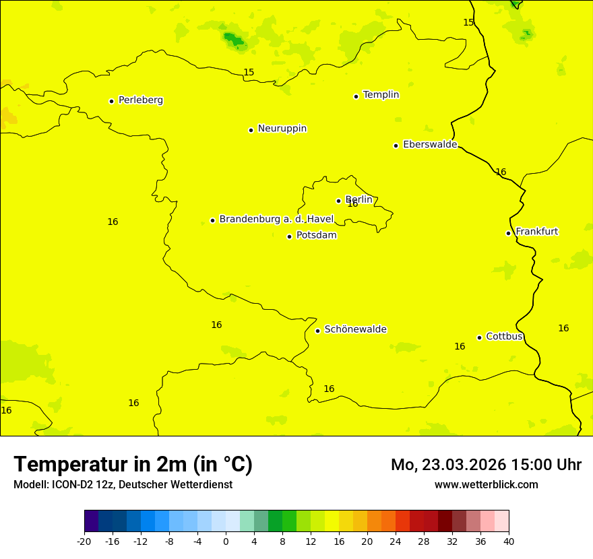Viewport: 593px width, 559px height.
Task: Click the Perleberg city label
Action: click(140, 100)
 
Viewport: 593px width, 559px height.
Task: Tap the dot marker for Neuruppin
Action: click(251, 130)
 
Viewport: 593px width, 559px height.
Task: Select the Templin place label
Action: click(381, 95)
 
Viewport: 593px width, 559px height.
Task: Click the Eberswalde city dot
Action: click(396, 145)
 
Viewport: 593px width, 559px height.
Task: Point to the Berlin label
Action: click(358, 199)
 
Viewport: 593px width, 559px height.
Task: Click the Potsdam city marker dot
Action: click(289, 236)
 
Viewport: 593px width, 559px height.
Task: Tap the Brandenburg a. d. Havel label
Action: click(276, 219)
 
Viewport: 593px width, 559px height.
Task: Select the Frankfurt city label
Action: click(536, 232)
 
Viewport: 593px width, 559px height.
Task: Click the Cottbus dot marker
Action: click(479, 337)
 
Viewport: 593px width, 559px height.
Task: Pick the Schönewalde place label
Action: click(355, 329)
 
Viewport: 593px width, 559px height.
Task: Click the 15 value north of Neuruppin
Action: click(249, 72)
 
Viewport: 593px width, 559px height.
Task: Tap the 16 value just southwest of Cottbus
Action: click(460, 347)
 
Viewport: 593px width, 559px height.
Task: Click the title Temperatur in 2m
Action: click(133, 464)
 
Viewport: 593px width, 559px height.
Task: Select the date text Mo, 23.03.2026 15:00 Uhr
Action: click(486, 465)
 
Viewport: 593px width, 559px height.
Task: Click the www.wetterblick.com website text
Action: click(486, 484)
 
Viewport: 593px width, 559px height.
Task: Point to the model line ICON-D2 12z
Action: click(123, 484)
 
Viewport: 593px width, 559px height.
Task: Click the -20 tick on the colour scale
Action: click(84, 541)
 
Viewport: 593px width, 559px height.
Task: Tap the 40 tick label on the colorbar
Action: click(509, 541)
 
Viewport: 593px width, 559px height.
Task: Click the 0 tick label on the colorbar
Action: click(226, 541)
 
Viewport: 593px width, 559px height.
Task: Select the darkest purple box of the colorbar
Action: click(91, 521)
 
